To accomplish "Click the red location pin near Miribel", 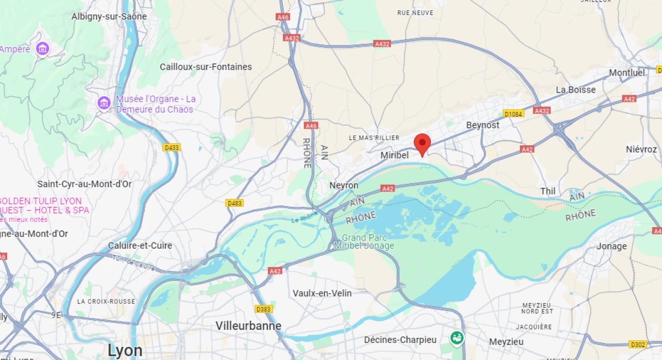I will pos(423,143).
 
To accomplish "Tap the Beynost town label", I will pos(483,125).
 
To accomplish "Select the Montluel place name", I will pos(627,73).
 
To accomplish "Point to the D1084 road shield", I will pos(513,114).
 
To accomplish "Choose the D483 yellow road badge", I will pos(234,203).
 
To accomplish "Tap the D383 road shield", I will pos(264,309).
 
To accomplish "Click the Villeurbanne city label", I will pos(248,326).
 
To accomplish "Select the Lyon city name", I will pos(125,350).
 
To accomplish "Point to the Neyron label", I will pos(344,185).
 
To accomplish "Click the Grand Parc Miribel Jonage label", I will pos(364,242).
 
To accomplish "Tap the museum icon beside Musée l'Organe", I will pos(104,103).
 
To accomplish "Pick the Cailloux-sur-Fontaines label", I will pos(206,67).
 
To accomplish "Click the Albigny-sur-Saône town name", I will pos(109,17).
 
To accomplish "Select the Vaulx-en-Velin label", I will pos(322,293).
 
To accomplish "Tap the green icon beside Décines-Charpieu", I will pos(457,338).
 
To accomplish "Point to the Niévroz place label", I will pos(641,149).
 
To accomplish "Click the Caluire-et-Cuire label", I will pos(140,246).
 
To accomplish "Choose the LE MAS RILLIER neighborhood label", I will pos(374,138).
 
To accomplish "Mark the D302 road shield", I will pos(638,344).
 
